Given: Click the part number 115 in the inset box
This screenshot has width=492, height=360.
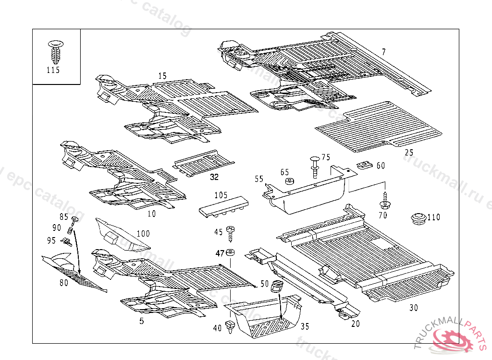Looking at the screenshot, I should point(53,70).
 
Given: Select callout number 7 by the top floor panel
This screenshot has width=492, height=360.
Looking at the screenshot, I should point(383,52).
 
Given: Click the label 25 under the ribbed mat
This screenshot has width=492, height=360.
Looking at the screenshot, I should point(409,153).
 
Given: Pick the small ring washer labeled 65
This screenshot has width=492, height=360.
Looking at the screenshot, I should point(289,182).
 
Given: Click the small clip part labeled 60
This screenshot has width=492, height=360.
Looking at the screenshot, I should point(365,166).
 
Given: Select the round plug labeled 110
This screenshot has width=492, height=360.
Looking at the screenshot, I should point(419,218).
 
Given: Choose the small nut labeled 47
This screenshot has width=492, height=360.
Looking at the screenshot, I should point(231,253).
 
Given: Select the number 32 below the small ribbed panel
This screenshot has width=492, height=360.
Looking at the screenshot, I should point(214,177).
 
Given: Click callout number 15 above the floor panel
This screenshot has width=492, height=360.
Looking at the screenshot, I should point(162,76).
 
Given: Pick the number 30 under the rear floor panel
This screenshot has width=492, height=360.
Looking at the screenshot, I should point(414,308).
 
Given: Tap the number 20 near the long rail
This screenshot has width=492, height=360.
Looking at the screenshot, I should point(355,324).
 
